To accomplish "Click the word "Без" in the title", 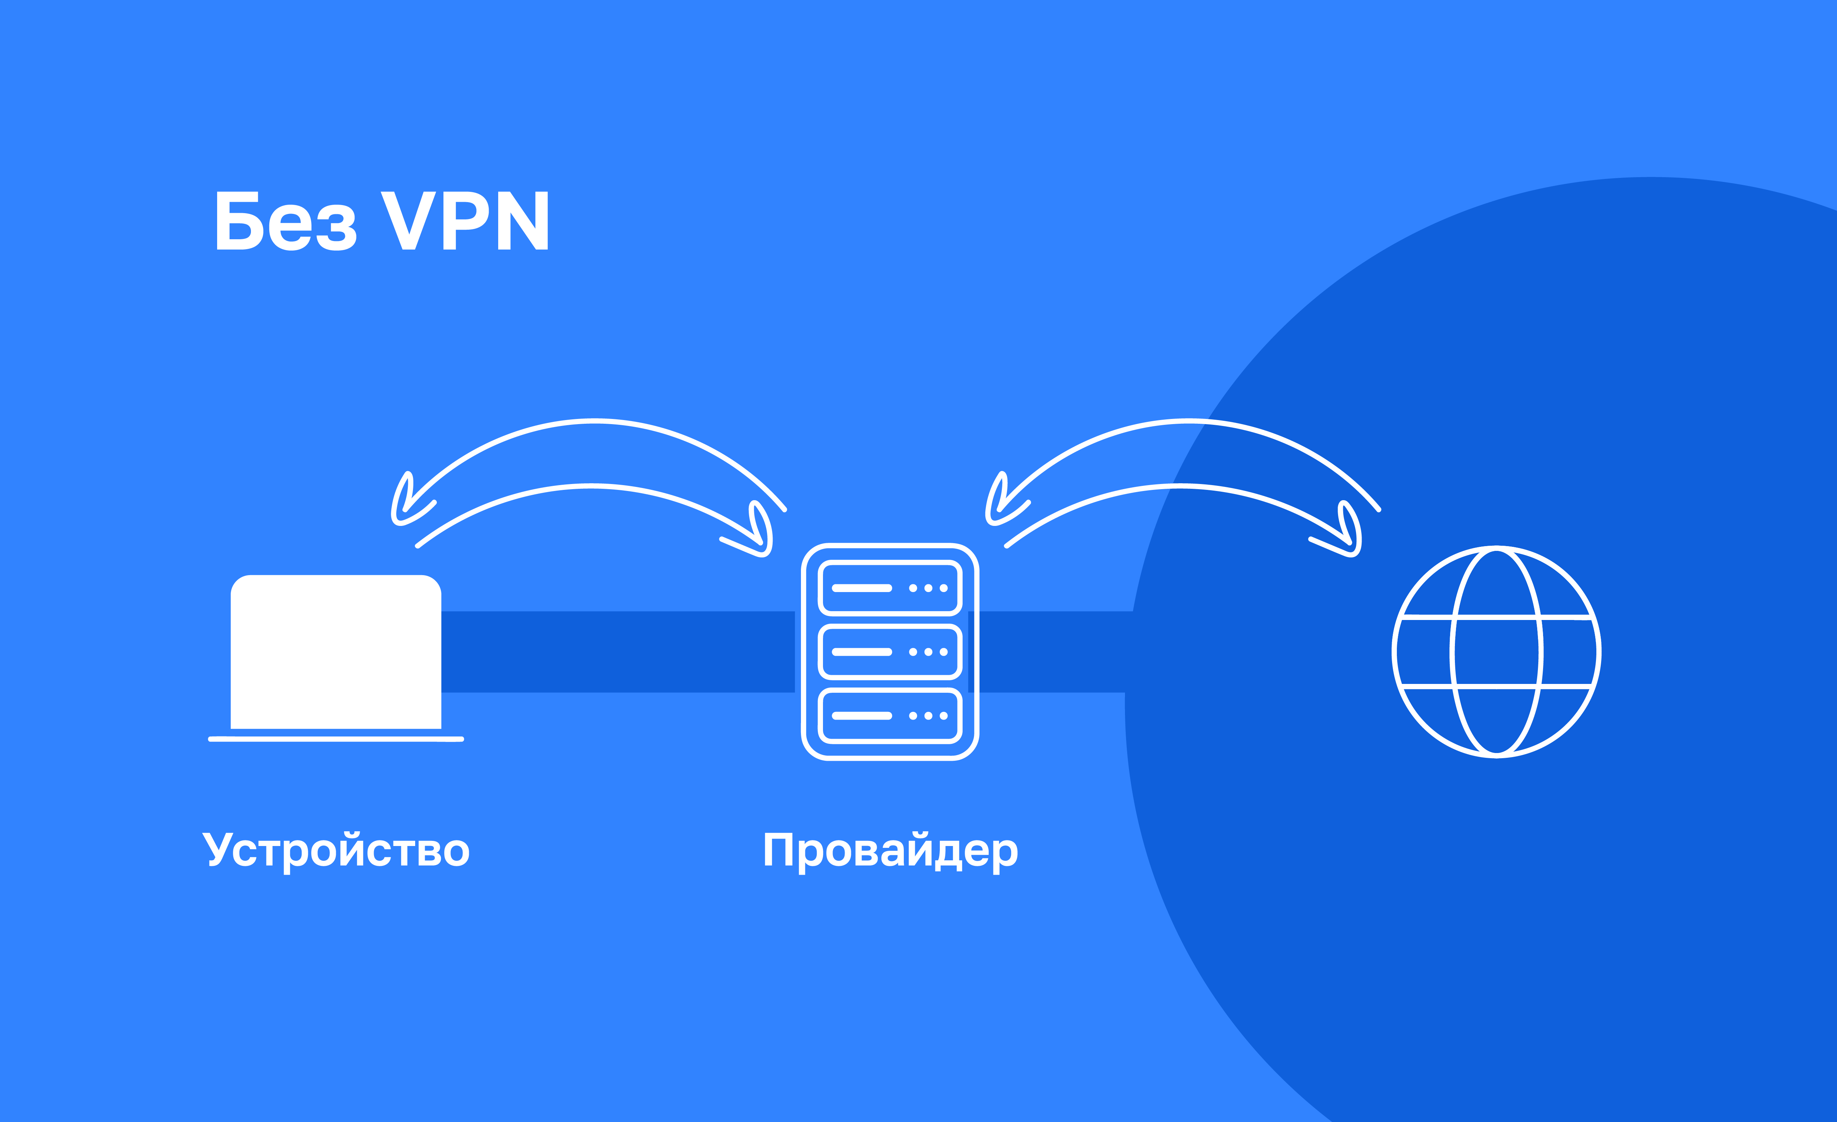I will pyautogui.click(x=285, y=221).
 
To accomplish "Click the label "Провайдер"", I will pyautogui.click(x=890, y=851).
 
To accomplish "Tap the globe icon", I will pyautogui.click(x=1496, y=652).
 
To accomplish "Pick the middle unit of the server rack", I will pyautogui.click(x=890, y=652).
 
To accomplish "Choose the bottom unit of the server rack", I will pyautogui.click(x=890, y=716).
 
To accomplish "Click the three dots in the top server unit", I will pyautogui.click(x=928, y=588).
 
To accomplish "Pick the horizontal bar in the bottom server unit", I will pyautogui.click(x=862, y=716).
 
